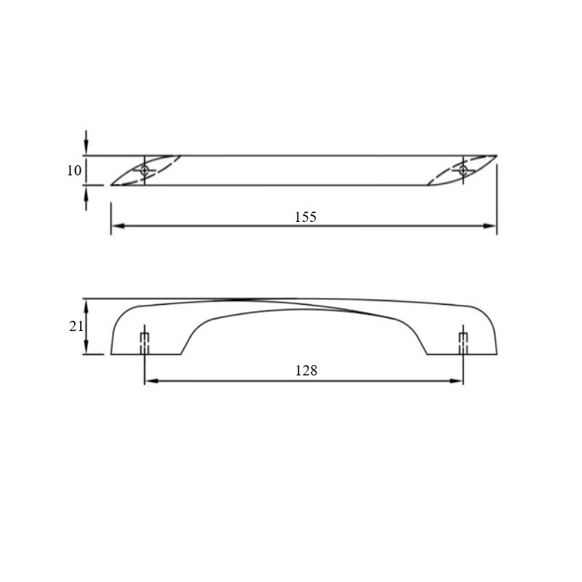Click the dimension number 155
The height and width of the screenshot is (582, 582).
click(x=305, y=217)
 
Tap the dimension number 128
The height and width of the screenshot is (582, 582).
click(x=306, y=370)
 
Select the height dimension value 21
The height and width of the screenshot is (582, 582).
click(x=76, y=326)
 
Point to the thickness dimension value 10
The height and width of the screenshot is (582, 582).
click(x=74, y=170)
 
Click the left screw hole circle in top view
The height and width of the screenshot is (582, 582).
click(x=144, y=170)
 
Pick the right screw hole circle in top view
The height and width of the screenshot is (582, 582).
click(x=463, y=170)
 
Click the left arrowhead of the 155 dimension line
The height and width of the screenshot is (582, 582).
click(x=118, y=226)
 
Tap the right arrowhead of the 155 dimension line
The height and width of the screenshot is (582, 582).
click(x=490, y=226)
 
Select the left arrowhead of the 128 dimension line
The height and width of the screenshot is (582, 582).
click(x=151, y=380)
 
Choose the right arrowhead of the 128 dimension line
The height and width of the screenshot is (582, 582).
click(x=456, y=380)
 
